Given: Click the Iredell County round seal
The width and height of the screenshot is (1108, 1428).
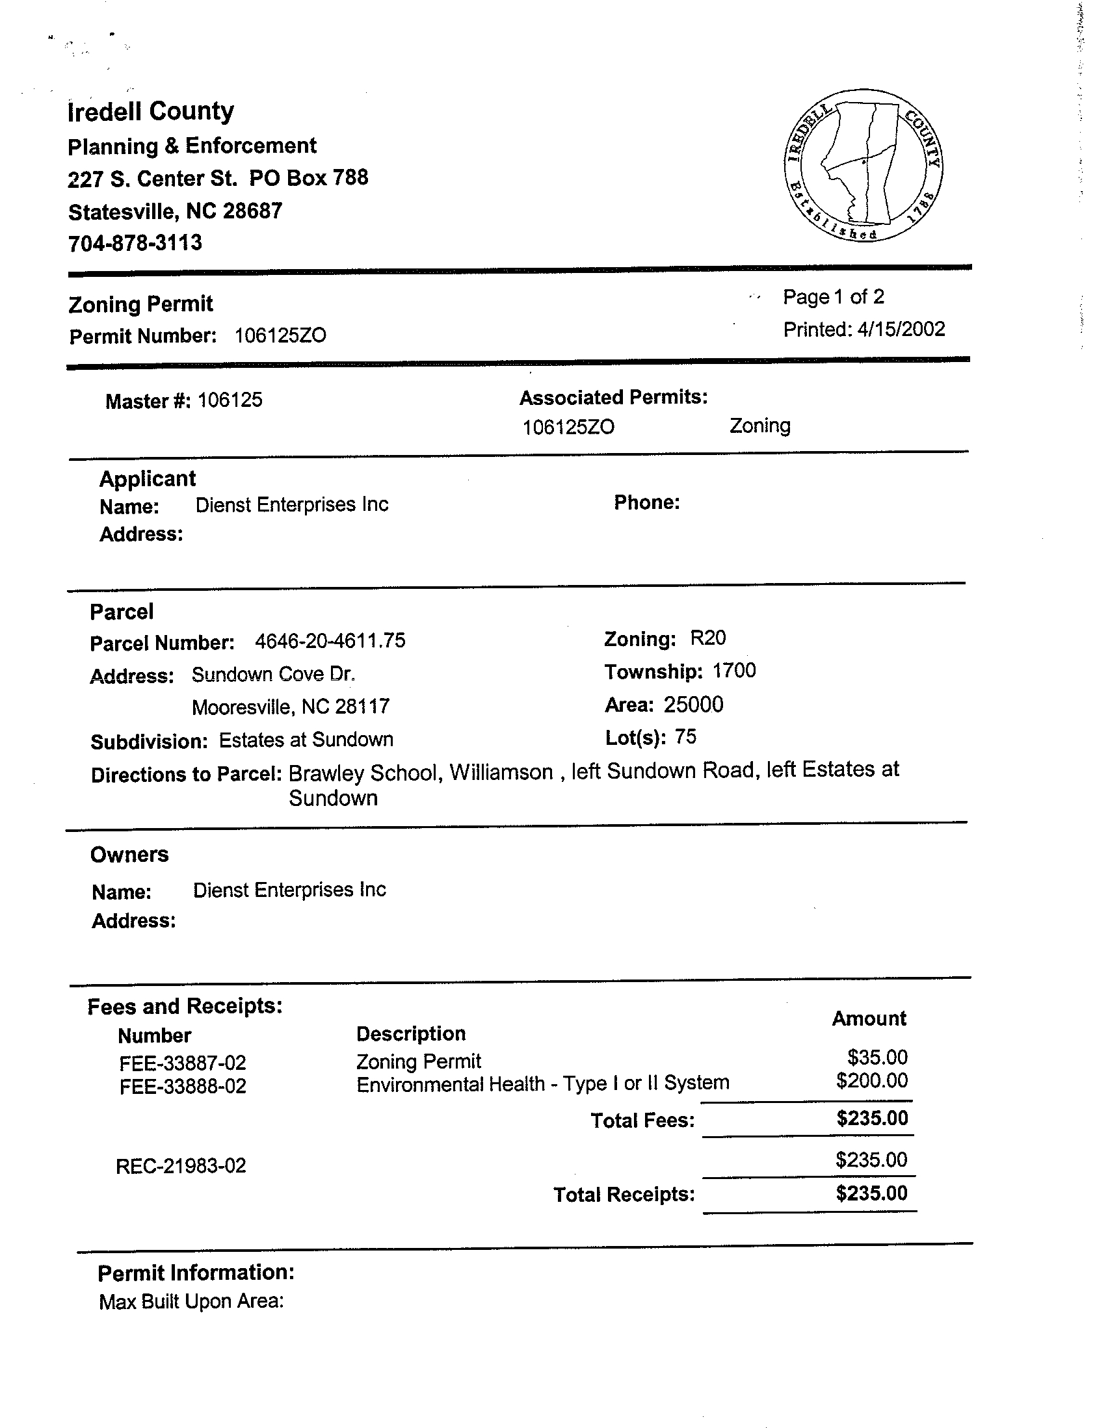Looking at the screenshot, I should coord(864,166).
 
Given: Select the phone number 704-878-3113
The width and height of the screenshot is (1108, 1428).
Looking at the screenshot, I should coord(135,243).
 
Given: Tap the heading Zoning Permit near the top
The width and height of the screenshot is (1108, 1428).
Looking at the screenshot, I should coord(140,304).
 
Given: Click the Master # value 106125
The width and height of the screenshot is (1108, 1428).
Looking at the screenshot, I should coord(230,400).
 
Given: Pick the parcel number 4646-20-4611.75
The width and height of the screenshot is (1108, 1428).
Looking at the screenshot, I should coord(330,641).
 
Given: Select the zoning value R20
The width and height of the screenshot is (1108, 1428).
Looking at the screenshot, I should coord(707,638).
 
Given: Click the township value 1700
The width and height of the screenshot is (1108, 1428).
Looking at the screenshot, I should coord(734,671).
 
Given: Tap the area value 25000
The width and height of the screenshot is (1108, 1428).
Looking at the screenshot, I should coord(693,705).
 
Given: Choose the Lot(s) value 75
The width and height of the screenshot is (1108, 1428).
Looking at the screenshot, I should coord(685,738).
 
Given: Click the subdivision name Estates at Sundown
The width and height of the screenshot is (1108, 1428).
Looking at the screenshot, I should coord(306,740).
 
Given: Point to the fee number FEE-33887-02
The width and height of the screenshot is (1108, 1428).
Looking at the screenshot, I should coord(183,1063).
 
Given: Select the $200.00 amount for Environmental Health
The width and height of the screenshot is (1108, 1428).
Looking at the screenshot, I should coord(872,1081).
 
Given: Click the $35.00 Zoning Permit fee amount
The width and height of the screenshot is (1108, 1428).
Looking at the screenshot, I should coord(877,1058).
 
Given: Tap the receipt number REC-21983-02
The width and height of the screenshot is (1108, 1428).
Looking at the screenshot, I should coord(181,1166).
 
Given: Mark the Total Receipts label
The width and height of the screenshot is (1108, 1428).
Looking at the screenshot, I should coord(624,1195).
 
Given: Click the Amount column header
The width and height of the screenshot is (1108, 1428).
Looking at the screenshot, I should coord(869,1019).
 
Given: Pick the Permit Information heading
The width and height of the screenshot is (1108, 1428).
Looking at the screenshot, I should coord(196,1273).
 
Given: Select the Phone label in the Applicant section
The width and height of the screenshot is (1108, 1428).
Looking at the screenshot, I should coord(646,502).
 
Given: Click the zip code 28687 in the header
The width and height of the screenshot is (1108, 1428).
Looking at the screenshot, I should coord(252,211).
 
